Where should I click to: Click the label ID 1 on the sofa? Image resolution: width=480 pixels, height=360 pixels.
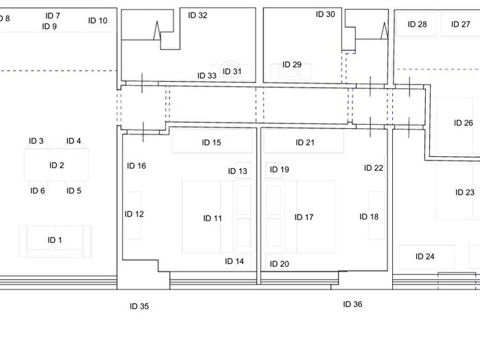click(x=55, y=240)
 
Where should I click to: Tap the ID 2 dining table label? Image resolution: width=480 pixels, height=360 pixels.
click(x=56, y=165)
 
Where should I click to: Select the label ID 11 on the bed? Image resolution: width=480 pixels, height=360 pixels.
click(x=213, y=219)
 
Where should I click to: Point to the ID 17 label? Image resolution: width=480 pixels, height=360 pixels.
click(x=304, y=217)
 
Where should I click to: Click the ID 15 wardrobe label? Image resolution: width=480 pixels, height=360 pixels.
click(x=211, y=143)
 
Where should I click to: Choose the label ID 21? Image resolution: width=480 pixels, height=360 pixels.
click(x=305, y=143)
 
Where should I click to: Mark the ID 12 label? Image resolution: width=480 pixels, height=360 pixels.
click(x=134, y=214)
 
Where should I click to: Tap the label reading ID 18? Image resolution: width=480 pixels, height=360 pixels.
click(x=369, y=217)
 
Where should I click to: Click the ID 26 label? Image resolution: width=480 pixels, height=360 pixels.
click(x=464, y=123)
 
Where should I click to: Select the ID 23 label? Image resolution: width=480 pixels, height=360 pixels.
click(x=465, y=193)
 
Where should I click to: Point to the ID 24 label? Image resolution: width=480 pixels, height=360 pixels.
click(x=425, y=257)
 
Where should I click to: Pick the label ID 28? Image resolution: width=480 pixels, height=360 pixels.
click(x=417, y=25)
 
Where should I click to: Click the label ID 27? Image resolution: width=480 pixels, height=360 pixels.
click(x=461, y=25)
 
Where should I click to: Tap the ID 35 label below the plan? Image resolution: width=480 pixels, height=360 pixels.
click(x=139, y=307)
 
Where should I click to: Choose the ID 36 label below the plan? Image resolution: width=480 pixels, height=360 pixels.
click(x=352, y=304)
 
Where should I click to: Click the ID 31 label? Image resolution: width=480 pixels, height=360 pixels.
click(x=232, y=71)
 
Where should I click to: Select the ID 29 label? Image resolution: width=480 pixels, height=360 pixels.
click(x=292, y=65)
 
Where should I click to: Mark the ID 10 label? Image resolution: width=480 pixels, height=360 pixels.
click(x=98, y=21)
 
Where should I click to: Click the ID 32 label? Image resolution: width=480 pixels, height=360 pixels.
click(x=197, y=15)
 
